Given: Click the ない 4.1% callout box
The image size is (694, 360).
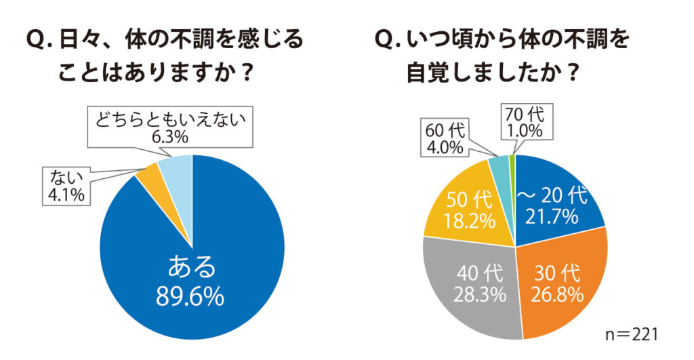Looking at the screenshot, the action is [66, 186].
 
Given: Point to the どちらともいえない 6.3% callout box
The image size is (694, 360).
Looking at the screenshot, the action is [170, 127].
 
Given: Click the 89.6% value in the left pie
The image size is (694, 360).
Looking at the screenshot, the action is [190, 297].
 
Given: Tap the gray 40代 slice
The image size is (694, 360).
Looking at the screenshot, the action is [474, 288].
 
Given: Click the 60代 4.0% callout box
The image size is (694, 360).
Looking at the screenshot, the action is [445, 138].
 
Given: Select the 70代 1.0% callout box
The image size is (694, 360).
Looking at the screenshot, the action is [525, 122].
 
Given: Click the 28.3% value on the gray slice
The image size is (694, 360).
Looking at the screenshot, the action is [480, 295].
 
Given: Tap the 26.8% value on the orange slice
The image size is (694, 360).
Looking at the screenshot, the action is [557, 294].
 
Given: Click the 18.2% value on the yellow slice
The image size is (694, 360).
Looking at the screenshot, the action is [469, 220].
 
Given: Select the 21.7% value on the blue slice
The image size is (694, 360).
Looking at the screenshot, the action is [552, 216].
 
